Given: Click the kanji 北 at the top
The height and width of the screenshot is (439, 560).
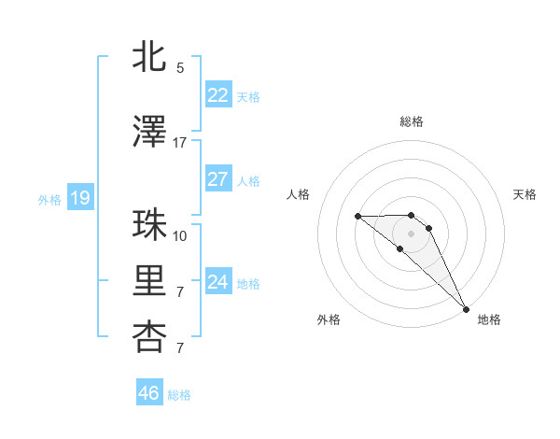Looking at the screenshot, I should click(150, 56).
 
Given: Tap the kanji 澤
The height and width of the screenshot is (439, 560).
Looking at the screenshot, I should click(150, 133).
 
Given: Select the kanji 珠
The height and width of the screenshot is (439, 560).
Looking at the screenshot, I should click(150, 225).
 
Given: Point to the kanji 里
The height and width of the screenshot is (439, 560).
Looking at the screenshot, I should click(150, 282).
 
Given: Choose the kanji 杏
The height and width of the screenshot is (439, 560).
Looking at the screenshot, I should click(150, 336).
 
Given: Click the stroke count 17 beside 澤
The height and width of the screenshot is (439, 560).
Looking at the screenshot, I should click(180, 143).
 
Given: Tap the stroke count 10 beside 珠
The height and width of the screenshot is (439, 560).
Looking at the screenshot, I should click(180, 235).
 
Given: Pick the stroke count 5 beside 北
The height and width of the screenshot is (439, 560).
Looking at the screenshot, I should click(180, 67).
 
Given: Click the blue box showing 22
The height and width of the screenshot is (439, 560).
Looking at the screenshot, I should click(217, 95).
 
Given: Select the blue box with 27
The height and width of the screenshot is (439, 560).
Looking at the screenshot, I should click(217, 179).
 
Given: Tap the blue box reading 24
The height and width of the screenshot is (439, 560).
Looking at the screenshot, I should click(217, 282).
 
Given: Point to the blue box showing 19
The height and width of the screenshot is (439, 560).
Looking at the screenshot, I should click(79, 198).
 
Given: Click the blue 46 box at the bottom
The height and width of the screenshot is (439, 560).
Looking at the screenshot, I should click(148, 393).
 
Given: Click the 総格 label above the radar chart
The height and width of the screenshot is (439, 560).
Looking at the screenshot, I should click(412, 121).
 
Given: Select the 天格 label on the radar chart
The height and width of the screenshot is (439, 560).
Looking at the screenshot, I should click(525, 194).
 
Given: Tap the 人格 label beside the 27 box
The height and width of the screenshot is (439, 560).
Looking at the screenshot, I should click(248, 180).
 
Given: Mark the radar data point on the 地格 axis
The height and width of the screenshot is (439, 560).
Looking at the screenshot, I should click(466, 309).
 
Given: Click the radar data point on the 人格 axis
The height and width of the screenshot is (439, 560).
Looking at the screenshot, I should click(358, 217).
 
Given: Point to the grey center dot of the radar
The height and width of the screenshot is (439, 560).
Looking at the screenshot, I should click(412, 234).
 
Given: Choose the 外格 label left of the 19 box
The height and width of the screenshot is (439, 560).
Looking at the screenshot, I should click(49, 199).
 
